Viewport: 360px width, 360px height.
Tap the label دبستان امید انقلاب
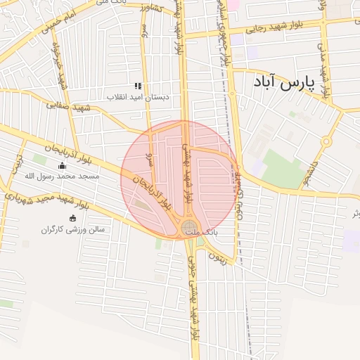(139, 97)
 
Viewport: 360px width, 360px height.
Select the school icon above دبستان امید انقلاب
(138, 86)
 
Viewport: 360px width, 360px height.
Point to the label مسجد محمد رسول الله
(62, 176)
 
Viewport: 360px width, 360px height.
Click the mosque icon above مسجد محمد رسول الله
(62, 166)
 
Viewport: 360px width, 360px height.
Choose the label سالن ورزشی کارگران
(72, 229)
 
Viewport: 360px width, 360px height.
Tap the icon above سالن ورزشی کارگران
(72, 219)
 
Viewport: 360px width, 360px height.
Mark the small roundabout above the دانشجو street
(326, 142)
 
